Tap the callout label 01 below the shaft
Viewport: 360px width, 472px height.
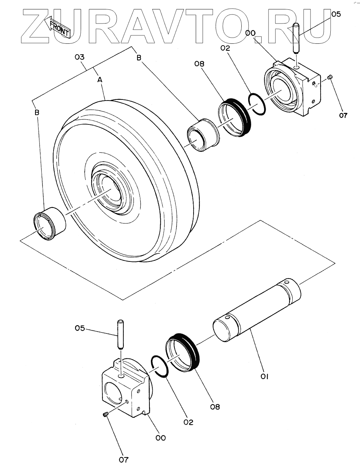click(x=264, y=377)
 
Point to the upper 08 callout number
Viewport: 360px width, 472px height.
click(x=199, y=64)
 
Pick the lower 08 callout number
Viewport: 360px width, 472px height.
click(x=215, y=407)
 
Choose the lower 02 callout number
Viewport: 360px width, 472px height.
click(x=188, y=422)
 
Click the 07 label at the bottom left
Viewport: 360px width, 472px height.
click(x=124, y=460)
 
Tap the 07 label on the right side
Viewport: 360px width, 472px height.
click(x=343, y=115)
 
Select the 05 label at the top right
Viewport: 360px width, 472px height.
click(x=336, y=14)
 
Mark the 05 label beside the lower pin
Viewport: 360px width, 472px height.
click(x=80, y=328)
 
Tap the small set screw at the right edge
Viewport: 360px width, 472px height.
click(x=330, y=77)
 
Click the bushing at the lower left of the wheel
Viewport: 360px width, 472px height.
click(x=50, y=224)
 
